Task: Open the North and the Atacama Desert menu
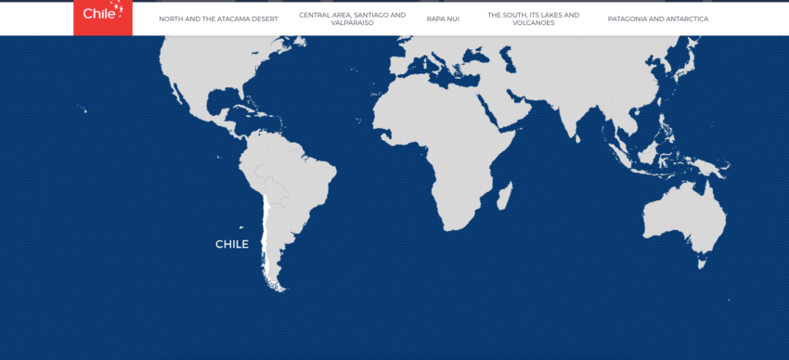click(x=218, y=19)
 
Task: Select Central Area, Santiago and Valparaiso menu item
click(x=352, y=19)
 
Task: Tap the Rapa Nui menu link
click(x=443, y=19)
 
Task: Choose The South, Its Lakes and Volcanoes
click(x=533, y=19)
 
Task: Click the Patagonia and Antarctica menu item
click(x=657, y=19)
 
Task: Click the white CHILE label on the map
click(x=232, y=244)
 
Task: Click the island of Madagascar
click(x=505, y=197)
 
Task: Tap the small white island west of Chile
click(x=241, y=227)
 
